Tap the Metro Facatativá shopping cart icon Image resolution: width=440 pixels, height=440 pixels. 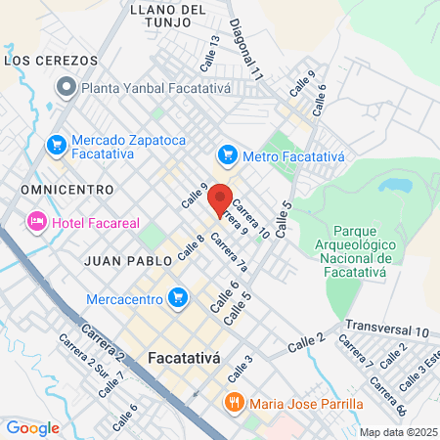(x=228, y=154)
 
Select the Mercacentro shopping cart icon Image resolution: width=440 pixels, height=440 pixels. (x=177, y=296)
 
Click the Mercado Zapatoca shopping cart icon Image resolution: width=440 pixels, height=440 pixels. (x=56, y=146)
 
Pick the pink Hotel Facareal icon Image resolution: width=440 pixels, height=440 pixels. (x=37, y=223)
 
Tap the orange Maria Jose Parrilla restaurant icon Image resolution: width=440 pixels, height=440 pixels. (x=234, y=403)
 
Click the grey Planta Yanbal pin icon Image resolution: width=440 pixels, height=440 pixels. (x=66, y=88)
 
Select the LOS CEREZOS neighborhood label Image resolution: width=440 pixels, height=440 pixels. (x=52, y=61)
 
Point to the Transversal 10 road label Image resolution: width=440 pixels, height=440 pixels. (x=387, y=330)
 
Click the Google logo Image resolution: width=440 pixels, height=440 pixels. (x=32, y=427)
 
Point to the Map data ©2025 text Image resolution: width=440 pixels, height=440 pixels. (x=397, y=432)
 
